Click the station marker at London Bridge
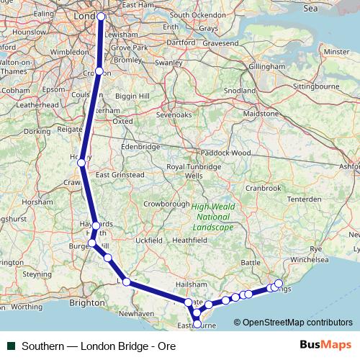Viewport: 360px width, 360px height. pyautogui.click(x=101, y=16)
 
